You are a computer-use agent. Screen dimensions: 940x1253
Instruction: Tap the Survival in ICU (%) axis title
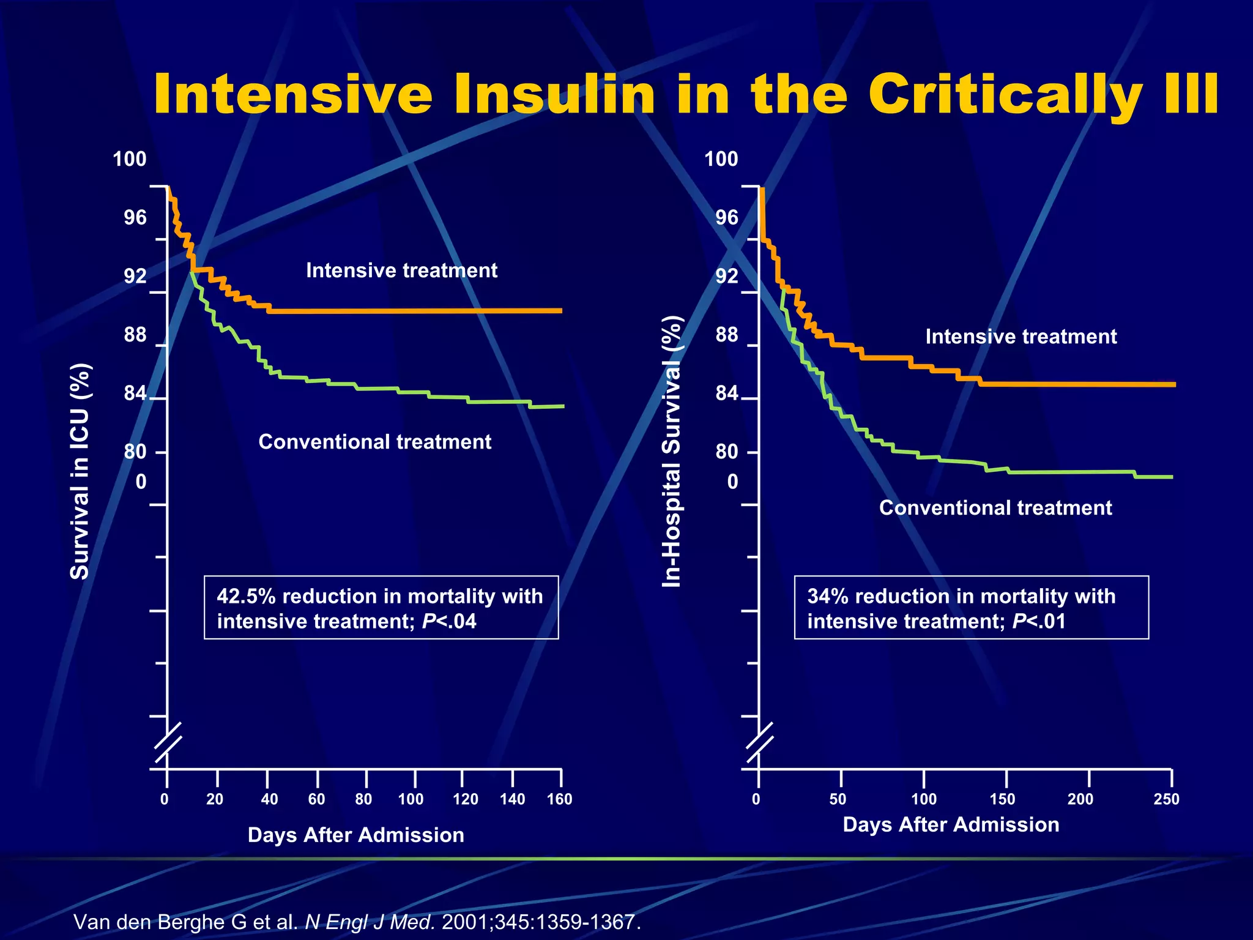[80, 471]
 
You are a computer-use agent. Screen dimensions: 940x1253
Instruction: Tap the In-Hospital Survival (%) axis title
[672, 452]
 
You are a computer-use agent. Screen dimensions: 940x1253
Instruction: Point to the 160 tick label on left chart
[559, 799]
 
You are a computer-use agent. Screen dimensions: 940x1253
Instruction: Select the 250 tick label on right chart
[1166, 799]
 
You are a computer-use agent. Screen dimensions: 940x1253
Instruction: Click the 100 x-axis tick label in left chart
[411, 799]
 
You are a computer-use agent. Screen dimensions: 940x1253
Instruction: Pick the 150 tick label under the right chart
[1002, 799]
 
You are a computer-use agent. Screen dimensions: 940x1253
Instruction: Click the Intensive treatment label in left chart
[401, 270]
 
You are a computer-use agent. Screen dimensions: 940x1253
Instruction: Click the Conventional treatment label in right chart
[995, 508]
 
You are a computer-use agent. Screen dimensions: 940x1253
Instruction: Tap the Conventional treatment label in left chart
[374, 442]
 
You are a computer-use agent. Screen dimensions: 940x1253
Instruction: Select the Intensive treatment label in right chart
[1021, 337]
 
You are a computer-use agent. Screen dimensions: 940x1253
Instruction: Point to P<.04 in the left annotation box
[449, 622]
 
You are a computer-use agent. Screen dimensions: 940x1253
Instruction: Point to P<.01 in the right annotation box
[1039, 622]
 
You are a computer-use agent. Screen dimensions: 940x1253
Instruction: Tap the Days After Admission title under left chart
[355, 835]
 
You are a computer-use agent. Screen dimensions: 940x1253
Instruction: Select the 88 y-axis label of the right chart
[727, 335]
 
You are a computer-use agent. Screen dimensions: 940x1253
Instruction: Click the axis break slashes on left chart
[167, 742]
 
